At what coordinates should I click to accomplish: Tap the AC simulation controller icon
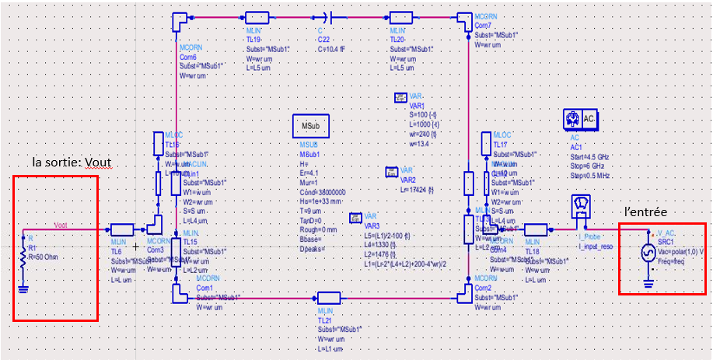(x=580, y=120)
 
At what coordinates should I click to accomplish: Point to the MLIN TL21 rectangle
(x=328, y=297)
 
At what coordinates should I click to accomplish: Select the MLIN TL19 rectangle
(x=256, y=17)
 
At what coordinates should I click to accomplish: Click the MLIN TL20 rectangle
(x=401, y=17)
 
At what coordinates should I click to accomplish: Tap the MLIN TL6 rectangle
(x=123, y=230)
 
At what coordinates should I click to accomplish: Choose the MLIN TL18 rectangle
(x=536, y=230)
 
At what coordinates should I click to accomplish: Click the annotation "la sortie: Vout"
(x=72, y=164)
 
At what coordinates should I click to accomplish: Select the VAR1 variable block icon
(x=400, y=98)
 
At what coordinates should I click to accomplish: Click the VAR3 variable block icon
(x=355, y=218)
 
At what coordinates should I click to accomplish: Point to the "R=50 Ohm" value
(x=44, y=257)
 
